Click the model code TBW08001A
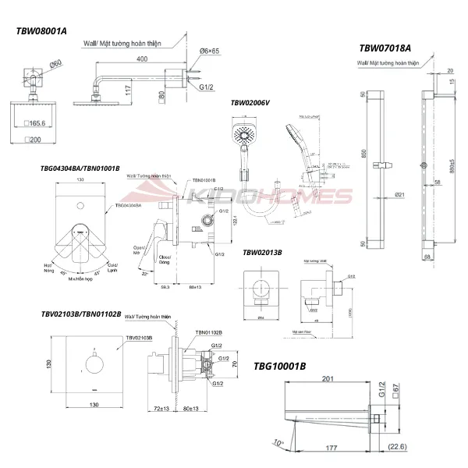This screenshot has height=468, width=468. point(42,31)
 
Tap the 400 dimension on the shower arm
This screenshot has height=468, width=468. point(140,58)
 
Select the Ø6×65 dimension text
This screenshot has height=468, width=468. point(210,51)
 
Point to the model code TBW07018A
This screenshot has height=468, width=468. point(385,46)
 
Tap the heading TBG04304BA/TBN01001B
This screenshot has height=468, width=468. point(80,167)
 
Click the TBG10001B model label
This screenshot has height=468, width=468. point(281,365)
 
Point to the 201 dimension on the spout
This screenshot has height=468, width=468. point(328,380)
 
